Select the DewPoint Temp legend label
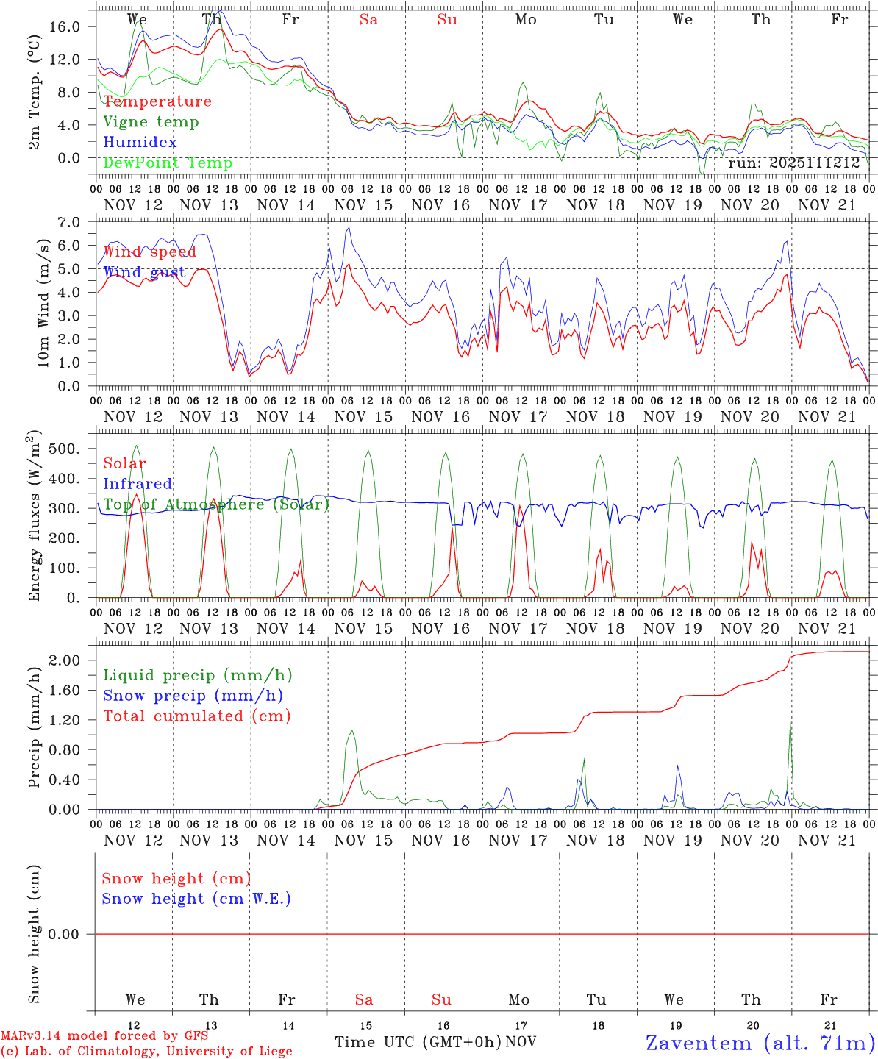[x=168, y=163]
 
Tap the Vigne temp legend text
[x=151, y=122]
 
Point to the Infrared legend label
[x=138, y=484]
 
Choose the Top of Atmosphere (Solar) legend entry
[x=216, y=504]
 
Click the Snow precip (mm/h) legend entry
[x=193, y=696]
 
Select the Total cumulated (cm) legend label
[x=196, y=716]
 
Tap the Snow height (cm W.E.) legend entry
[x=196, y=899]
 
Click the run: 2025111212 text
[x=793, y=163]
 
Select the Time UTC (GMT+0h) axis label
[x=418, y=1042]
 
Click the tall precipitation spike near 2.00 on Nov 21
[x=790, y=725]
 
